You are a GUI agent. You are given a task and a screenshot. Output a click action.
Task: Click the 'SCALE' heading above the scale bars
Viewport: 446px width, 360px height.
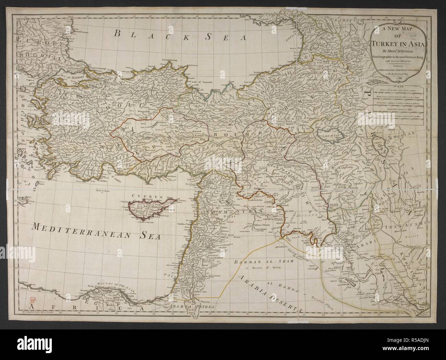(398, 86)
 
